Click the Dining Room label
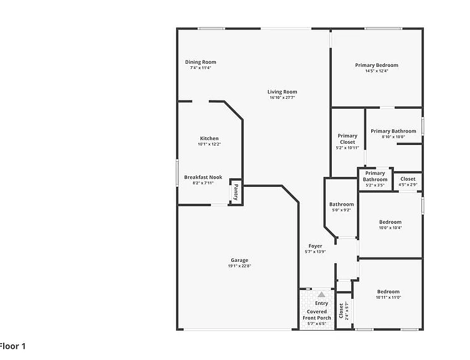point(201,62)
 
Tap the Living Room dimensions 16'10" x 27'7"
point(282,97)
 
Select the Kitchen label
point(209,139)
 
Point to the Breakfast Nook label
point(203,177)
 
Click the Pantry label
point(236,192)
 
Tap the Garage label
point(239,260)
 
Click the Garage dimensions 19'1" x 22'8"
point(239,266)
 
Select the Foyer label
point(316,246)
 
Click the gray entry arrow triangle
point(321,294)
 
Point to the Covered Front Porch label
point(317,315)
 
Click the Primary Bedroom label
point(377,65)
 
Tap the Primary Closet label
point(347,139)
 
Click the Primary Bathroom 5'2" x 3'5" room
point(375,179)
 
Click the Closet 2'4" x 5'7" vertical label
point(344,311)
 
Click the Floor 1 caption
point(12,346)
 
